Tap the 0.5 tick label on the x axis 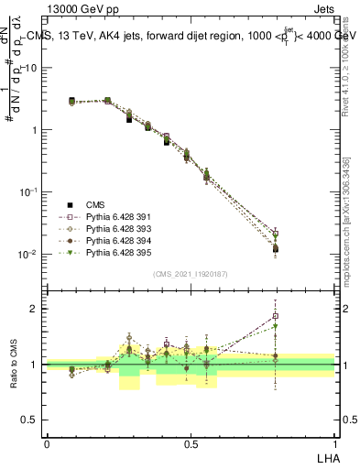[191, 442]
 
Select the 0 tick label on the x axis [47, 442]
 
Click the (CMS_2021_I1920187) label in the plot [191, 274]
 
